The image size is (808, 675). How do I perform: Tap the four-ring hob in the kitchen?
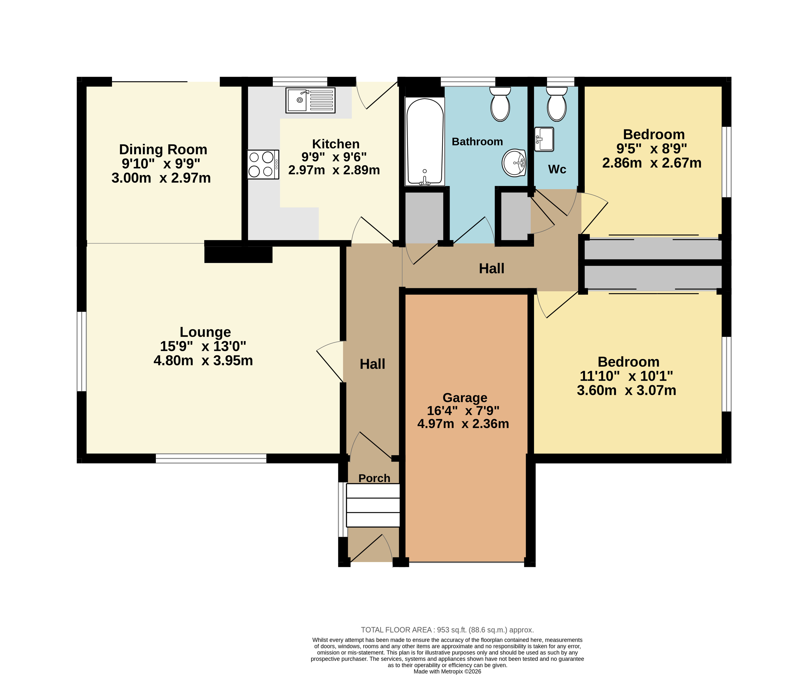(263, 164)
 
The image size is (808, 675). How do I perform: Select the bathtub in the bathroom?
(425, 141)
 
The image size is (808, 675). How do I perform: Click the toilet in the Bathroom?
(500, 104)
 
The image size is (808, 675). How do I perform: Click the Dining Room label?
(163, 149)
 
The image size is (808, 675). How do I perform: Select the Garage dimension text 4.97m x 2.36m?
(463, 423)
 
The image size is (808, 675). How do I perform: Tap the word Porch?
(374, 478)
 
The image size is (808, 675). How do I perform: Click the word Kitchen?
(336, 144)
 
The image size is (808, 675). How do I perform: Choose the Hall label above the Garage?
(492, 268)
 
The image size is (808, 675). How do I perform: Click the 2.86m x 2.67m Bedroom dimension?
(652, 163)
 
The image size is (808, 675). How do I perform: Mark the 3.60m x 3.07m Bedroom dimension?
(626, 391)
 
